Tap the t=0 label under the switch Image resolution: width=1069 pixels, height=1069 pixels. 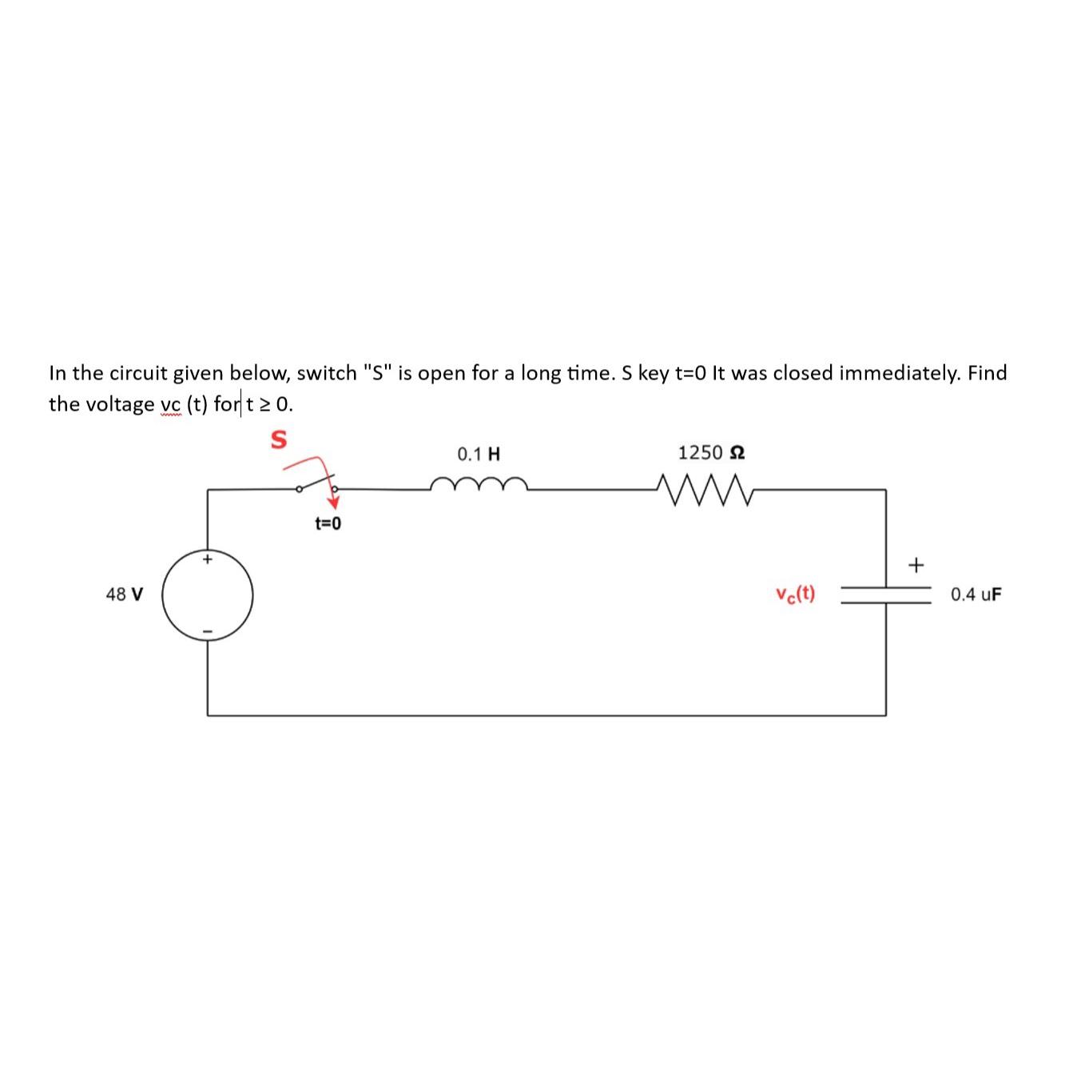(328, 524)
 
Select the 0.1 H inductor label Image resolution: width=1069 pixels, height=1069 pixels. (479, 455)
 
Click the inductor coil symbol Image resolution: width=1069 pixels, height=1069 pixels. (479, 484)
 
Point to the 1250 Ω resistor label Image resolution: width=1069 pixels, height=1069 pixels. (712, 453)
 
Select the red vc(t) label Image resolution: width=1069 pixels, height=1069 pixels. (795, 594)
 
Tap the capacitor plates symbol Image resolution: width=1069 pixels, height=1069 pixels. (885, 594)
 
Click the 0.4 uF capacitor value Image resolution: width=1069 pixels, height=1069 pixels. (976, 594)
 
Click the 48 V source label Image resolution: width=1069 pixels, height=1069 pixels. (125, 594)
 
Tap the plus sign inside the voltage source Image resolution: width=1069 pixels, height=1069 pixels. (208, 559)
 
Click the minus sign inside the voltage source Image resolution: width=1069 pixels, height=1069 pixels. (208, 632)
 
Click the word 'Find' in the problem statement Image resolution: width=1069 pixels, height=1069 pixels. (988, 373)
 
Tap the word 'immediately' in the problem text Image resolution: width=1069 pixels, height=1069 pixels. (900, 373)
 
